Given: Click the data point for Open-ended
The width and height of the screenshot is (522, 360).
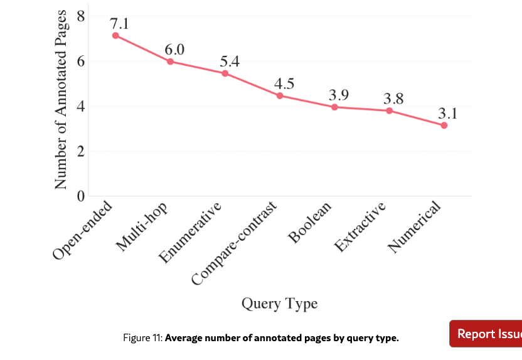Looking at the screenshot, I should (115, 36).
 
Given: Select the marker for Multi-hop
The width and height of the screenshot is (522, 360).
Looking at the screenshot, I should (170, 61).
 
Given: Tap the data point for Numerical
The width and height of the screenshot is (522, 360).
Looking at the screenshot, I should (444, 125).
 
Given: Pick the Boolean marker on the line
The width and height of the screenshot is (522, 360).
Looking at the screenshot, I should (334, 107).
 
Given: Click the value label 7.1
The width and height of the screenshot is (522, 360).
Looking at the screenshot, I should (119, 24).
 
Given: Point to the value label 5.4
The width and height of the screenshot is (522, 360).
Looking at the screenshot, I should (230, 61).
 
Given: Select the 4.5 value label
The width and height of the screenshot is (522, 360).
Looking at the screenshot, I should (284, 83).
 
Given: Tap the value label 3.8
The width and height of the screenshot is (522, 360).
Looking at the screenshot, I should (393, 98).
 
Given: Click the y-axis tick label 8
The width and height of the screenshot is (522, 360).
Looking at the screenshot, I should (80, 16).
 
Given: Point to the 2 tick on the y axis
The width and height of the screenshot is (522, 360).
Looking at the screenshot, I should (80, 151).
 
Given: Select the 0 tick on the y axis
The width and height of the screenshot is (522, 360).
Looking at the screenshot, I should (80, 196).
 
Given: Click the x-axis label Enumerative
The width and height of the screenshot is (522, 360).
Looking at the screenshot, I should (191, 233).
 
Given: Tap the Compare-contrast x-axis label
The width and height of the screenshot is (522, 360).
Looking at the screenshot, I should (235, 245).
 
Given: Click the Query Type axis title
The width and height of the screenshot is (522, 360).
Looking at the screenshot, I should (279, 304).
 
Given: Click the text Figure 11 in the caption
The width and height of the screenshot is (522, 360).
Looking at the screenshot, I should (142, 339).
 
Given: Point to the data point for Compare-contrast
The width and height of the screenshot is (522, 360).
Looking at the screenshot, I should (280, 95).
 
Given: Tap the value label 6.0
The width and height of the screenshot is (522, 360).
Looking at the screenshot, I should (174, 50).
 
